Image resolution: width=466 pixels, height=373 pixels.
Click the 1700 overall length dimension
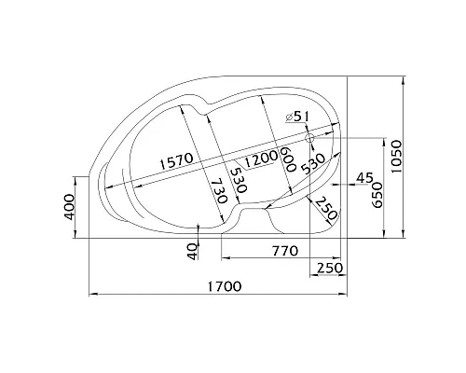(x=224, y=286)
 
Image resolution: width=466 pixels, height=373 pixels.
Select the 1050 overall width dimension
(x=396, y=157)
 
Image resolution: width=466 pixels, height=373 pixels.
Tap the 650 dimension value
(x=377, y=195)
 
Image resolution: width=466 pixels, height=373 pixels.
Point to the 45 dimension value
(x=364, y=178)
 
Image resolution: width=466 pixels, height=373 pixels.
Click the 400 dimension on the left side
(x=70, y=207)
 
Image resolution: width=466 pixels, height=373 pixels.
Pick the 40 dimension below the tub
(x=193, y=251)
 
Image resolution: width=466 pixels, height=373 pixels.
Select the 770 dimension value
(x=285, y=251)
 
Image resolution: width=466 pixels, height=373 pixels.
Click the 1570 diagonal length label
(x=176, y=160)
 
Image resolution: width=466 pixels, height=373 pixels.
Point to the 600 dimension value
(x=287, y=159)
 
